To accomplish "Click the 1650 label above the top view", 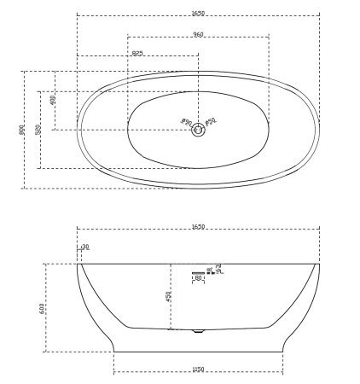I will tap(198, 14).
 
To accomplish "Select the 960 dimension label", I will tap(198, 35).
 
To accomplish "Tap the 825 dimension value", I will tap(137, 54).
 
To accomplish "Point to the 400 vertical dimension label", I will tap(53, 100).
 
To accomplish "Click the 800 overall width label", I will tap(22, 130).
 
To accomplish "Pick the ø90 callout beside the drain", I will tap(186, 123).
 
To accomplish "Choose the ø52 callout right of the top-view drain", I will tap(211, 122).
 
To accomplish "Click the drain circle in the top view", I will tap(198, 130).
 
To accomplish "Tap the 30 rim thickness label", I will tap(85, 247).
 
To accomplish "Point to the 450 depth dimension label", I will tap(169, 296).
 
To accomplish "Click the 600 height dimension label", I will tap(43, 307).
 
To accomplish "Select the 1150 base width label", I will tap(198, 369).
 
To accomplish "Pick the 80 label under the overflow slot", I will tap(198, 278).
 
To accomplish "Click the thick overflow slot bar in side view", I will tap(198, 273).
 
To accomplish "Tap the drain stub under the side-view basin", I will tap(198, 331).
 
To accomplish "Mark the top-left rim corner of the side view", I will tap(77, 264).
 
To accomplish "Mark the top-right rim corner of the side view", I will tap(320, 264).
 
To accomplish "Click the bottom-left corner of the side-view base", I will tap(114, 351).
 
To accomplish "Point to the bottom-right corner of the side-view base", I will tap(282, 351).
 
